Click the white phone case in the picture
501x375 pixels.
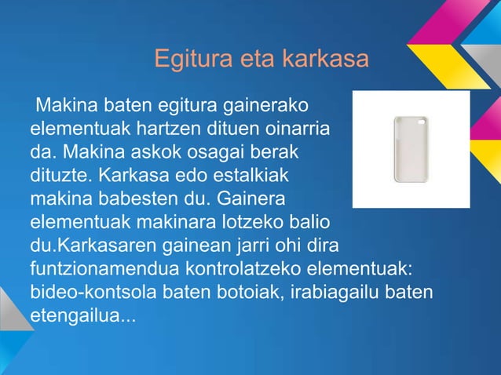410,148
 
